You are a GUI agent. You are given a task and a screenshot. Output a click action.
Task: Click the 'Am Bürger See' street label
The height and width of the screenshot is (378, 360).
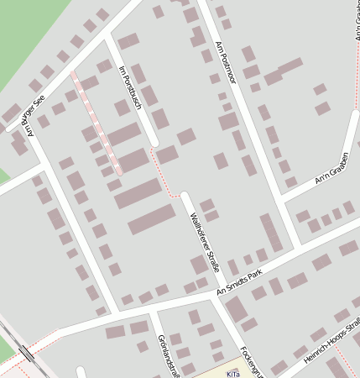coord(30,116)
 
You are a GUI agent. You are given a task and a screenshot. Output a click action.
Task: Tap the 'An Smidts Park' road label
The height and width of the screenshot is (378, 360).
coord(239,282)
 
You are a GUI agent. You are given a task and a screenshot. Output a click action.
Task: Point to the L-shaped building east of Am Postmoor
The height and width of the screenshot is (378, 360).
coord(282,71)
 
